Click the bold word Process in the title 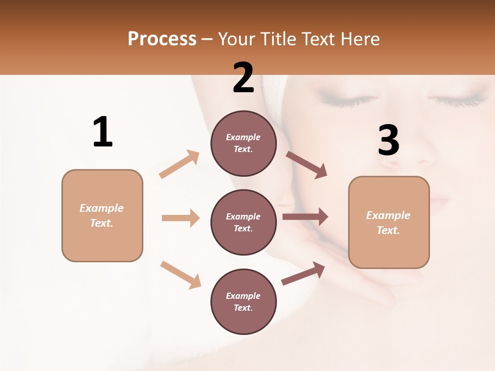point(162,39)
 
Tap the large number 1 point(103,132)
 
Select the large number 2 point(243,78)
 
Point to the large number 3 point(389,141)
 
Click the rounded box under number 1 point(102,215)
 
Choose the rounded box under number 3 point(389,223)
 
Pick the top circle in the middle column point(243,143)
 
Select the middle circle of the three point(243,223)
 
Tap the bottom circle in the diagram point(243,302)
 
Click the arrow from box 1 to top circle point(179,164)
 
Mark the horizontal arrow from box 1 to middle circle point(180,218)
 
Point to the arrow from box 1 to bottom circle point(180,275)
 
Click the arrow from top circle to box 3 point(307,165)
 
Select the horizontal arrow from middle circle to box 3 point(305,217)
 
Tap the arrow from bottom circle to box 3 point(303,274)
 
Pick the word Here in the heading point(360,39)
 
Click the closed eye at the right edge point(461,98)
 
